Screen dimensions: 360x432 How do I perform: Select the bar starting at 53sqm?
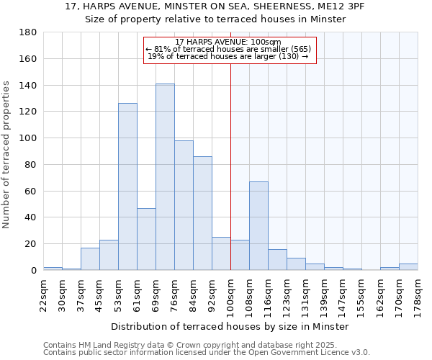click(127, 186)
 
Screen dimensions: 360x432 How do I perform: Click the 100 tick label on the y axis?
click(27, 138)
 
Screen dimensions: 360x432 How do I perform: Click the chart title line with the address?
click(215, 6)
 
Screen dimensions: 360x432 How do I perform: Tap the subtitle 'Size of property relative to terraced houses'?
click(215, 19)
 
